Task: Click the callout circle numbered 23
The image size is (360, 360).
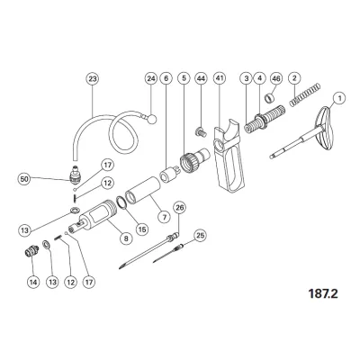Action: [x=93, y=78]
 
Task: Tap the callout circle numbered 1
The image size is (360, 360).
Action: [x=339, y=98]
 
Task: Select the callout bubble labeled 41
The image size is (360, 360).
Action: [x=220, y=78]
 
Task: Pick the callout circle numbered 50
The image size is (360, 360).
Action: [x=24, y=179]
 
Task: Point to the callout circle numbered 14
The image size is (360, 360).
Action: [x=33, y=282]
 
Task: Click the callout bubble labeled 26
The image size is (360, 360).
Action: [x=179, y=208]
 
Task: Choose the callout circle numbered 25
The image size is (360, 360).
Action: [x=200, y=236]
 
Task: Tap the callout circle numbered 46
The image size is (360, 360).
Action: [x=276, y=78]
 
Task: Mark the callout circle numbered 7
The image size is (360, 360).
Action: [x=165, y=217]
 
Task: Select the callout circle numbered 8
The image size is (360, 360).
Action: [x=126, y=238]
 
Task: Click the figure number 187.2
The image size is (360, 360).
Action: [x=323, y=293]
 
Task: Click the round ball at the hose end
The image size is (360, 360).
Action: [x=152, y=119]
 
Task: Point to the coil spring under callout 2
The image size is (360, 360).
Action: [x=305, y=94]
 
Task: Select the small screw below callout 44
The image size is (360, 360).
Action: [x=201, y=132]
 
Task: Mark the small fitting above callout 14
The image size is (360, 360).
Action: [x=31, y=250]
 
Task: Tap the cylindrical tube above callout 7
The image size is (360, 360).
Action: [x=142, y=192]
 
